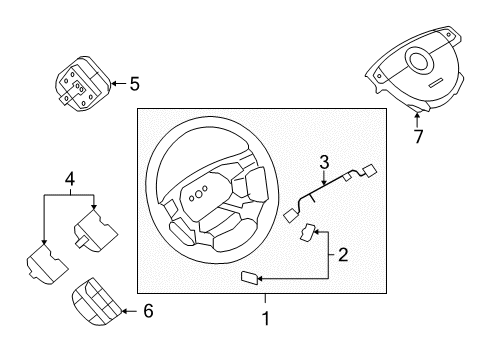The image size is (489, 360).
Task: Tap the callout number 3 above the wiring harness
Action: [324, 163]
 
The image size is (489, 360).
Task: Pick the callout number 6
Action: [147, 312]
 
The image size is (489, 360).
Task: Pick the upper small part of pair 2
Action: [307, 236]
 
